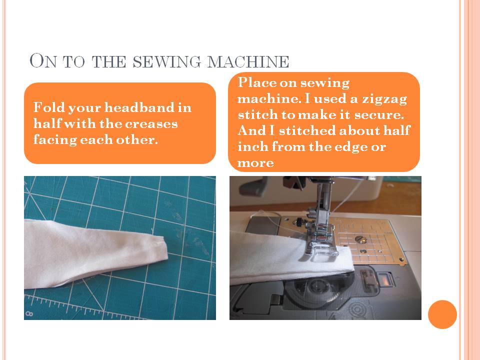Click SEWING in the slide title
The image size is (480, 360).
pyautogui.click(x=159, y=62)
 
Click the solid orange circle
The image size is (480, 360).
pyautogui.click(x=442, y=314)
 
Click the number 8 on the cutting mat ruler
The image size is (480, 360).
pyautogui.click(x=29, y=314)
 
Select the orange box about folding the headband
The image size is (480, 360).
pyautogui.click(x=120, y=123)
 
